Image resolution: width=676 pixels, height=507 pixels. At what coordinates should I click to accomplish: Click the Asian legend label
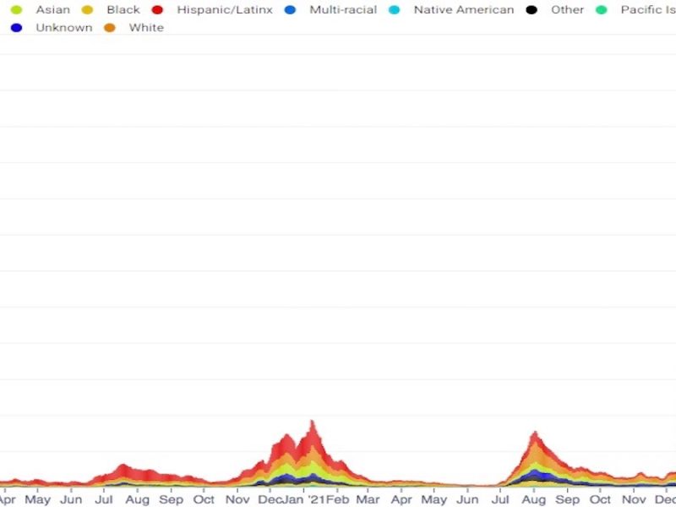click(52, 10)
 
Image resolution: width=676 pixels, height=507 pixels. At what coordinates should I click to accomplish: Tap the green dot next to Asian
click(16, 10)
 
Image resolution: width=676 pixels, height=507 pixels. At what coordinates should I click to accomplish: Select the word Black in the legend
click(123, 10)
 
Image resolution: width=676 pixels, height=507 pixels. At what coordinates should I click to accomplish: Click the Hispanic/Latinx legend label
click(225, 10)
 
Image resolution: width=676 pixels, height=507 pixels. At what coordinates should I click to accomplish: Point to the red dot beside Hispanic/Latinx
click(157, 10)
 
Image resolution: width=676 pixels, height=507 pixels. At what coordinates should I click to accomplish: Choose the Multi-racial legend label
click(343, 10)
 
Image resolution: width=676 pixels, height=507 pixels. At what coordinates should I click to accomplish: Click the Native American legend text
click(464, 10)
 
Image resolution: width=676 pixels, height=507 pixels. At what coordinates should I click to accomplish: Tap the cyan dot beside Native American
click(394, 10)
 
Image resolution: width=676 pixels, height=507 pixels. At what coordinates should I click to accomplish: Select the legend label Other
click(567, 10)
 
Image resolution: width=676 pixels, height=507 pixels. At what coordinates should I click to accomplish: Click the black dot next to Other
click(531, 10)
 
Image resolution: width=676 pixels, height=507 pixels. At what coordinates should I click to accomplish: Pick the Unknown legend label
click(64, 28)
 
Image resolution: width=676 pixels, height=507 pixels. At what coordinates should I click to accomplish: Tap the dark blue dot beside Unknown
click(16, 28)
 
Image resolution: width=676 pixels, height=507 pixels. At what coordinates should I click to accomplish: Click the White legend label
click(146, 28)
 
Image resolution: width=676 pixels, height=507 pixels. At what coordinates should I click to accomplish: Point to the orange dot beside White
click(109, 28)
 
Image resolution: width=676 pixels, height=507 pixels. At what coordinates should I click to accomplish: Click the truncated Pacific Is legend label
click(647, 10)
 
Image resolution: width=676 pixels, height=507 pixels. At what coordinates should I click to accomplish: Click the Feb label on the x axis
click(337, 499)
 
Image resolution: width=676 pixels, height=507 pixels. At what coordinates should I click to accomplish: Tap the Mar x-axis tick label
click(368, 499)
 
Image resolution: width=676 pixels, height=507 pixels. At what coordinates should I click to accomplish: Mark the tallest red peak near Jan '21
click(313, 422)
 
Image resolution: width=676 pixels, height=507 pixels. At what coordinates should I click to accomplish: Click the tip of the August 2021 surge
click(534, 433)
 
